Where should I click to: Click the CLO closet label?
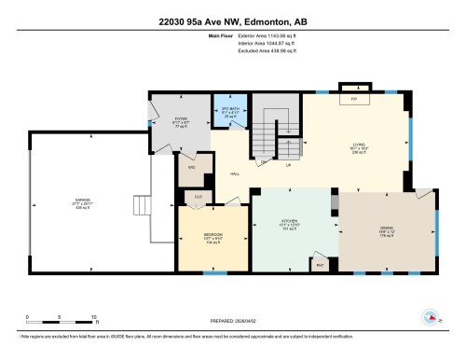click(199, 197)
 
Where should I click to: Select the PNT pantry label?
click(322, 265)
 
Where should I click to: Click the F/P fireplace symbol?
click(353, 98)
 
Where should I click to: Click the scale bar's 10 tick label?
click(96, 316)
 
